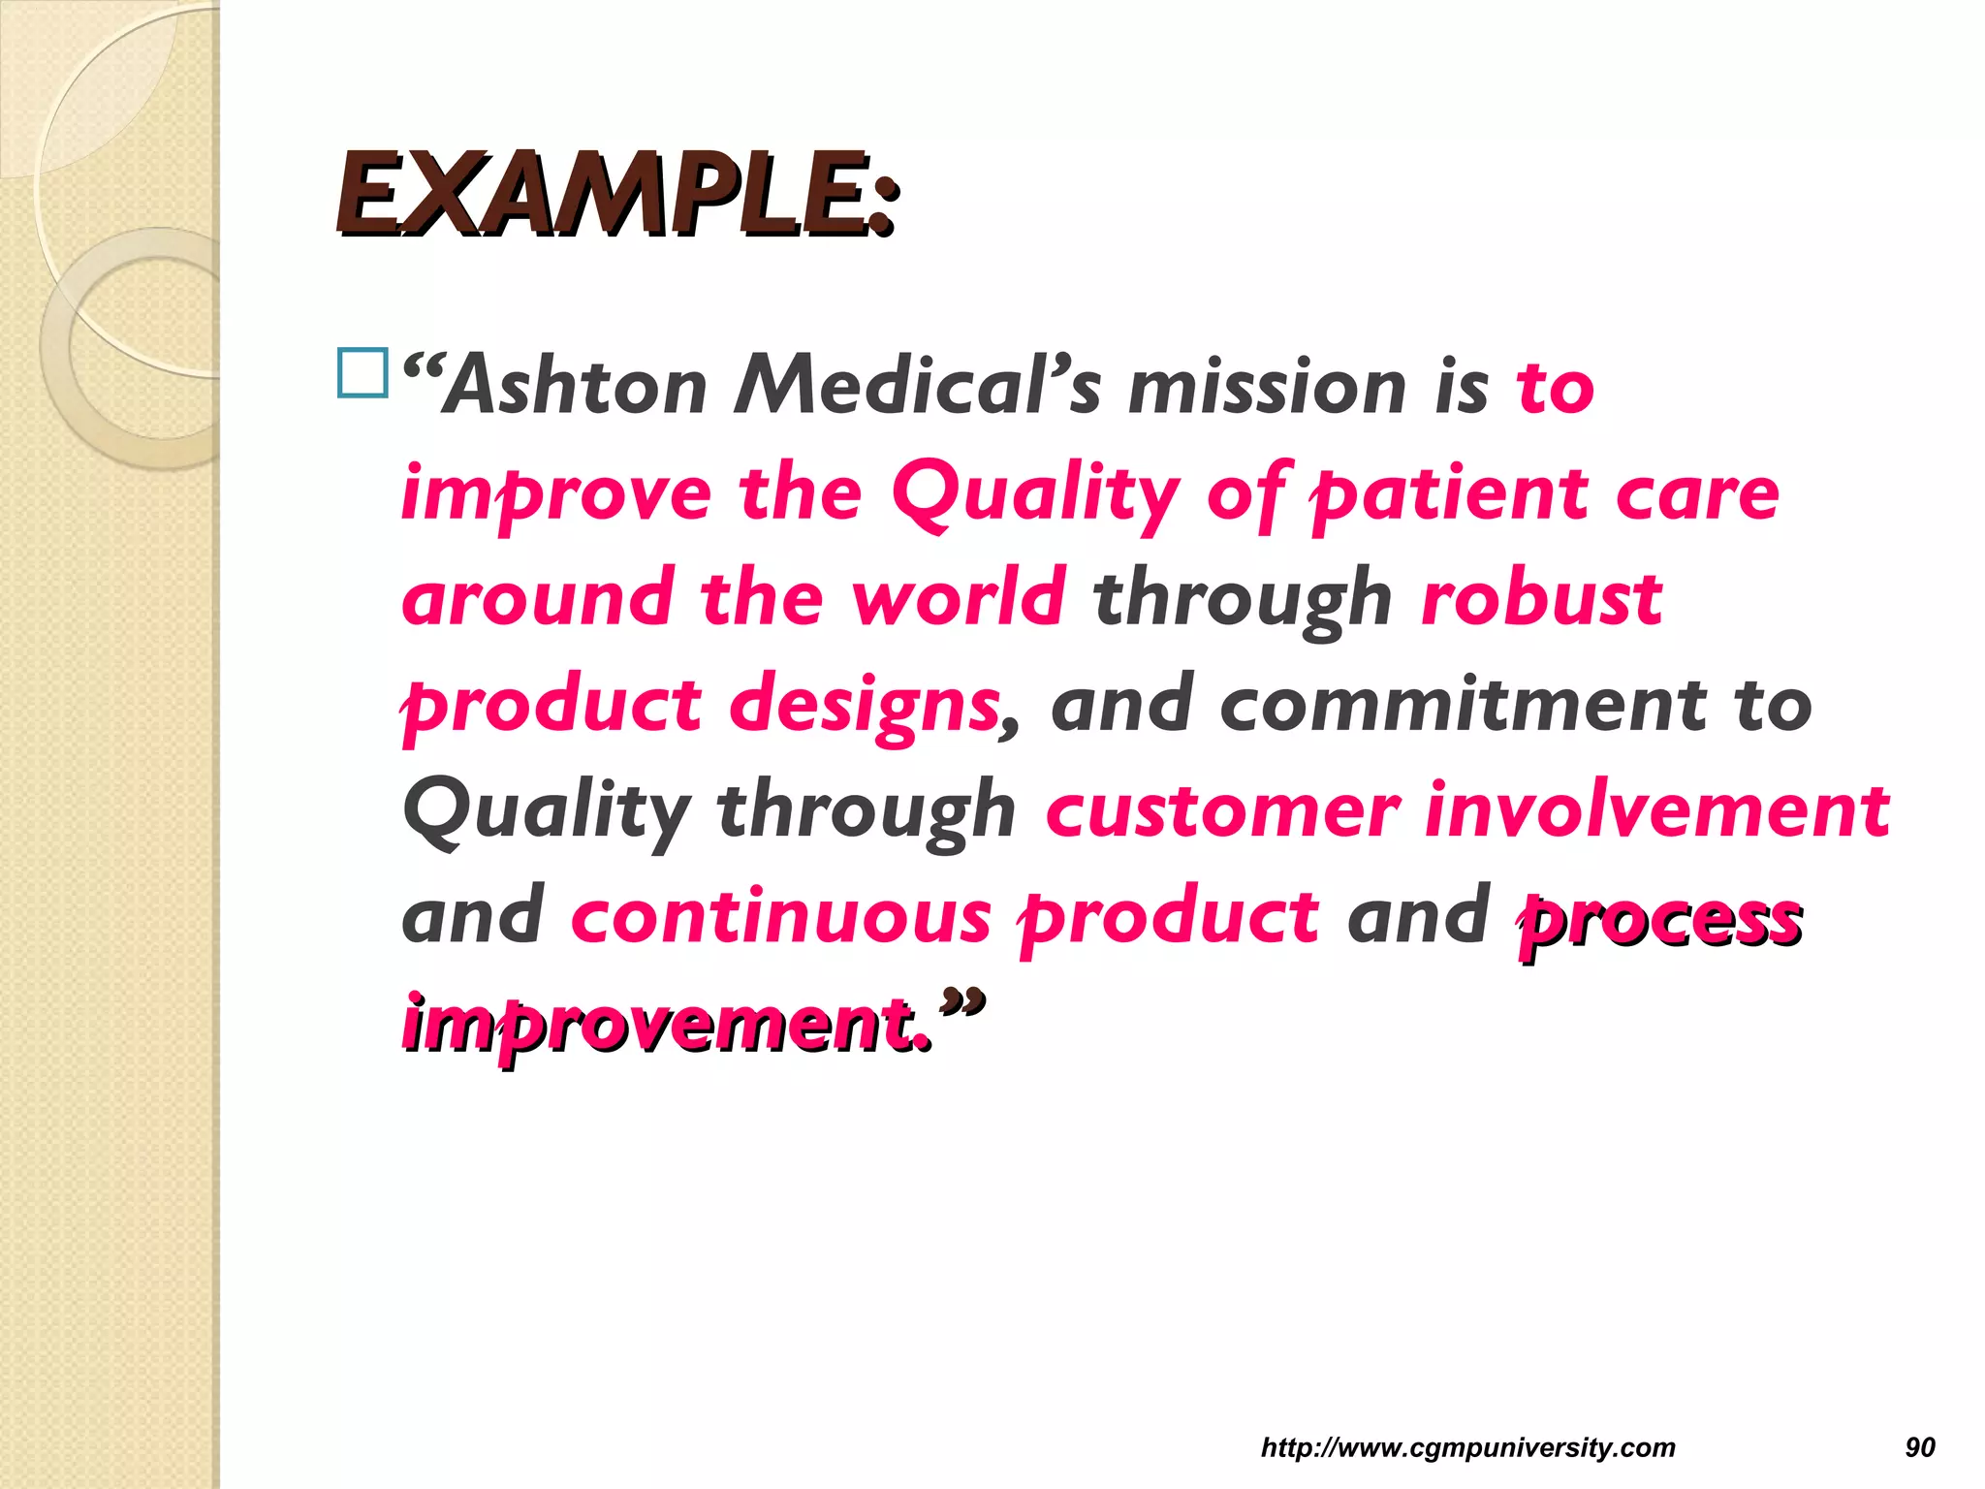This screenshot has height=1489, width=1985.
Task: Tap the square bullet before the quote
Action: coord(362,373)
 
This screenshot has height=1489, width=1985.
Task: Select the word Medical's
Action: coord(917,387)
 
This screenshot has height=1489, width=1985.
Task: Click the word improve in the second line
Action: coord(556,493)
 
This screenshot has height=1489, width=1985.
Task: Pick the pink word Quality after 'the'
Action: coord(1035,493)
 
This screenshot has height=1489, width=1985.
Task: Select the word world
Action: coord(959,598)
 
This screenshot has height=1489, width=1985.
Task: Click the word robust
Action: coord(1542,598)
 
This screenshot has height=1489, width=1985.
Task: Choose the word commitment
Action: coord(1465,705)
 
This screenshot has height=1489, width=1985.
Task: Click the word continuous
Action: coord(781,916)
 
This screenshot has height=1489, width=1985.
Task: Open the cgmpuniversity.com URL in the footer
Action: coord(1467,1447)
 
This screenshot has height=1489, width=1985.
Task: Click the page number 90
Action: coord(1920,1447)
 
